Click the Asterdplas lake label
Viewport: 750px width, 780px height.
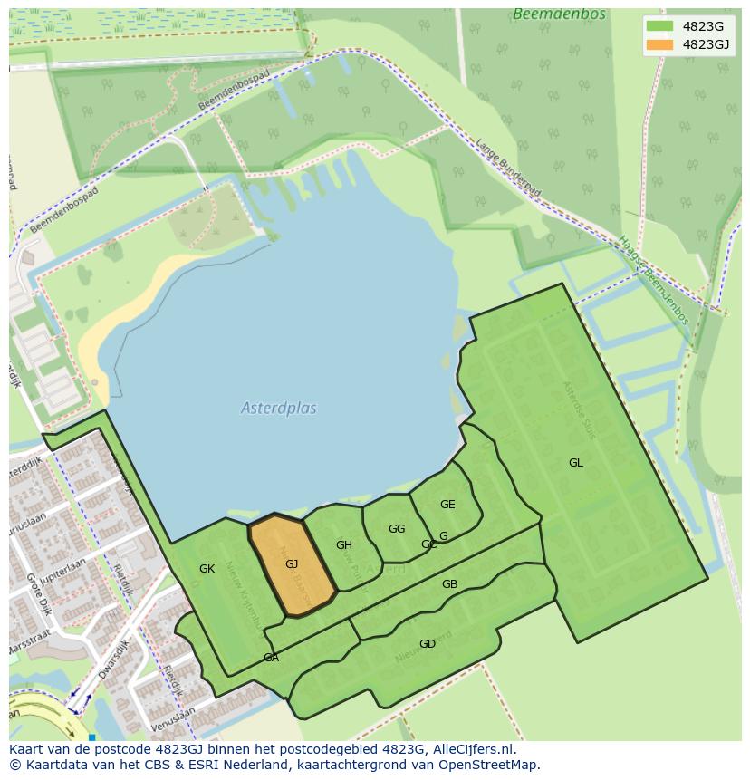click(279, 409)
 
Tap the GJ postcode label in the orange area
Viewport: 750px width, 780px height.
click(292, 564)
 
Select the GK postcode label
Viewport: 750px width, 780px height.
click(207, 569)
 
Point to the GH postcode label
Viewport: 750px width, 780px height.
click(344, 545)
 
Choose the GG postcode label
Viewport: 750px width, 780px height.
click(397, 529)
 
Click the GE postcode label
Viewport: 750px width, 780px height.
click(447, 505)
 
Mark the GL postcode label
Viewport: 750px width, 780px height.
click(576, 463)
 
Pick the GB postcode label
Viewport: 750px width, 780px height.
click(449, 584)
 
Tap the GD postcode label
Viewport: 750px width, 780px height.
click(428, 644)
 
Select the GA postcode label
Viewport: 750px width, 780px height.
click(271, 658)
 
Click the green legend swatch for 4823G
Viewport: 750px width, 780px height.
click(659, 26)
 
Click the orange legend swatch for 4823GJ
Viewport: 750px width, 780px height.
click(659, 44)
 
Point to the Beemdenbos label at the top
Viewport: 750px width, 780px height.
click(547, 14)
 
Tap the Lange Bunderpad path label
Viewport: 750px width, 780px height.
click(508, 168)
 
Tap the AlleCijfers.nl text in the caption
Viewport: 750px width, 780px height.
click(471, 749)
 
